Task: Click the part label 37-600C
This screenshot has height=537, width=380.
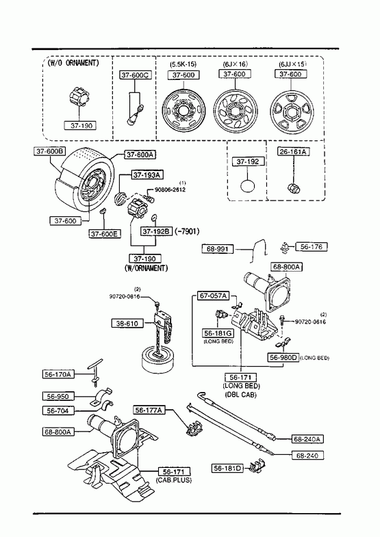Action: click(x=136, y=75)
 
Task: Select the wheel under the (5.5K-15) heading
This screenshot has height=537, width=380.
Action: click(x=184, y=112)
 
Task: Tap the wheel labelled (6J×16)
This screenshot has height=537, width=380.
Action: click(x=236, y=112)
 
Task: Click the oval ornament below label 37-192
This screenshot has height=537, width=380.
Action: click(x=248, y=186)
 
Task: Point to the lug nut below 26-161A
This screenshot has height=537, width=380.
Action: click(x=293, y=187)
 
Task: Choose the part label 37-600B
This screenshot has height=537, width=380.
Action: click(x=50, y=151)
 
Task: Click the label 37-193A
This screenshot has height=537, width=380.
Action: click(x=147, y=175)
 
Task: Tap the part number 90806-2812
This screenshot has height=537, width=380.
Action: click(x=170, y=189)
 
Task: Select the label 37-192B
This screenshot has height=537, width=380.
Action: click(x=156, y=231)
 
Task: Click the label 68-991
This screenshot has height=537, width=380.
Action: click(x=217, y=248)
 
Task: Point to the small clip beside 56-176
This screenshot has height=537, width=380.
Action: click(x=284, y=248)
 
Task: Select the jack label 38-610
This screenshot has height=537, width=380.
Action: click(x=127, y=324)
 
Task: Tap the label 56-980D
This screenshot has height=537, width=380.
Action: click(x=283, y=357)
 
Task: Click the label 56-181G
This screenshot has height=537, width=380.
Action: click(x=218, y=333)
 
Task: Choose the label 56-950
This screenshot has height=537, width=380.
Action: click(x=58, y=396)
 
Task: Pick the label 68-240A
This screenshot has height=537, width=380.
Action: click(x=308, y=438)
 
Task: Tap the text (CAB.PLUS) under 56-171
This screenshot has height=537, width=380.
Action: click(x=174, y=480)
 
